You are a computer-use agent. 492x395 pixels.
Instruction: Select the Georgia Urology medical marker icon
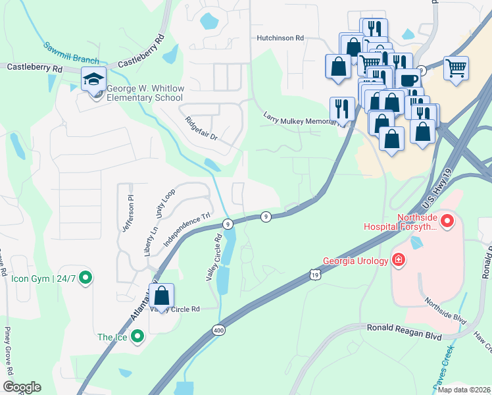tap(398, 259)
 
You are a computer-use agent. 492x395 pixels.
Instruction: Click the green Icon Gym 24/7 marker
tap(85, 278)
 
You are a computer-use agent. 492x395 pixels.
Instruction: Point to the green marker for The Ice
tap(137, 337)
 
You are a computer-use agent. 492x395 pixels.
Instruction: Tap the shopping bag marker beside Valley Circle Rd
tap(162, 296)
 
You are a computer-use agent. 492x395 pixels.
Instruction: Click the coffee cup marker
tap(408, 80)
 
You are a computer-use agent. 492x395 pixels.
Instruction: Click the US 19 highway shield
tap(315, 273)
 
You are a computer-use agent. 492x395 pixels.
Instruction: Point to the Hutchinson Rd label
tap(280, 38)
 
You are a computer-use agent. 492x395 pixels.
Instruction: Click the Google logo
tap(22, 386)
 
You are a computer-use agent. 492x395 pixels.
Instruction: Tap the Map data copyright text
tap(464, 390)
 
